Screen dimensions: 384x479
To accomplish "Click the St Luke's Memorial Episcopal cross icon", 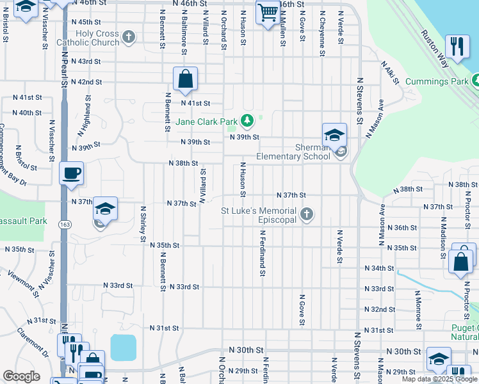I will [307, 214].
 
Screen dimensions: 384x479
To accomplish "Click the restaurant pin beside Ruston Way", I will [457, 46].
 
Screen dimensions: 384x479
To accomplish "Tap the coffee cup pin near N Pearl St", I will [72, 172].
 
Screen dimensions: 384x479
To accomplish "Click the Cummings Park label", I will [441, 81].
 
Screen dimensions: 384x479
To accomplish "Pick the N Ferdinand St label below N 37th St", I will [262, 255].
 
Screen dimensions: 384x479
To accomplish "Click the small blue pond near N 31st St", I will [123, 347].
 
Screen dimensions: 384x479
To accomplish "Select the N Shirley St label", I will [143, 223].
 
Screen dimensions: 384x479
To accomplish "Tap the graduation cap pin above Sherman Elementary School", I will [334, 134].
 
